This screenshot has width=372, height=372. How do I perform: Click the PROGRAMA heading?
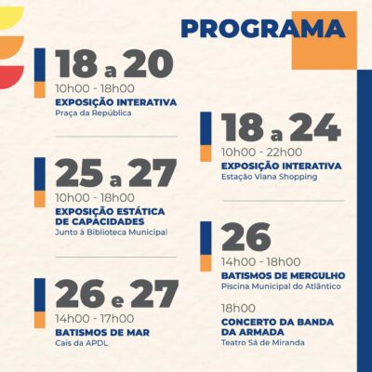pos(263,29)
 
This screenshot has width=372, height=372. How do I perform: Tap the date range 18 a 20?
pos(114,64)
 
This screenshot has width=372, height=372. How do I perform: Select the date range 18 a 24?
pos(281,127)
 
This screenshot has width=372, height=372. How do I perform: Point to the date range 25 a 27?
pos(116,173)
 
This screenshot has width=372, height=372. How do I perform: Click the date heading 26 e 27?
pos(117,294)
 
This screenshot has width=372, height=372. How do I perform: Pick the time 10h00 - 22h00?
pos(261,153)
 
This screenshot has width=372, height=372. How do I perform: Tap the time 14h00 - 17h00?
pos(95,319)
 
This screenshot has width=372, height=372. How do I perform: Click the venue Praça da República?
pos(93,113)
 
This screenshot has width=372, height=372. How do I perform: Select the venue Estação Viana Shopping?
pos(269,177)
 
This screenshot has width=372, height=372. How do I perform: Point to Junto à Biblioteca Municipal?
pos(111,232)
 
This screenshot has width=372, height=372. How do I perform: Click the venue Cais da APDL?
pos(82,343)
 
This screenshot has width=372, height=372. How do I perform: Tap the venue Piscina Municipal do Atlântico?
pos(281,286)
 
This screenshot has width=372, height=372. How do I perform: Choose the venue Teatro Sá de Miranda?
pos(262,342)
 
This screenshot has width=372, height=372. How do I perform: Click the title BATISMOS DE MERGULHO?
pos(284,275)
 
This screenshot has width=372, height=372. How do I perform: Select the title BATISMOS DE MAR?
pos(102,333)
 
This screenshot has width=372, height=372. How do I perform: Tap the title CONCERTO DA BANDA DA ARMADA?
pos(277,327)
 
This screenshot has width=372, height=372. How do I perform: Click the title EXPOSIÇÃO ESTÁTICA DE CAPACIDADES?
pos(110,217)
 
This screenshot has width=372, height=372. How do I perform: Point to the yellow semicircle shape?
pos(12,18)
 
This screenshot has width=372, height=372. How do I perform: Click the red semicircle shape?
pos(12,77)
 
